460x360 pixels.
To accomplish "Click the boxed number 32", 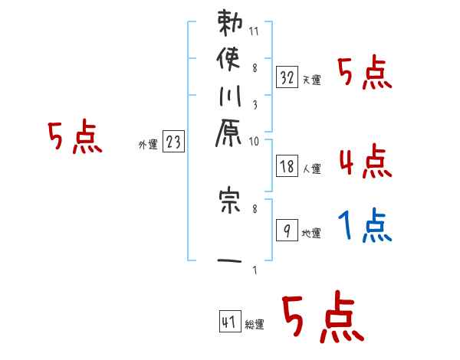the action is (x=287, y=77).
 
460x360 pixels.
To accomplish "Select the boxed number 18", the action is (x=287, y=165).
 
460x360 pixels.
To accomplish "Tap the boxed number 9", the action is (x=287, y=231).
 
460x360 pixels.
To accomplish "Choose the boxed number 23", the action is (x=173, y=141).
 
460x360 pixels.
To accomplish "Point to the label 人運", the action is (x=311, y=169).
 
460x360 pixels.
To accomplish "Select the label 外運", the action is (x=148, y=144).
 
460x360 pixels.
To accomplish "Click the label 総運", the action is (x=255, y=325).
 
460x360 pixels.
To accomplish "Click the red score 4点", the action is (x=365, y=161).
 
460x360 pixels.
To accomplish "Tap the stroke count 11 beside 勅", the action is (x=255, y=32).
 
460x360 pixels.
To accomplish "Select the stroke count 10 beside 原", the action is (x=255, y=141).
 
